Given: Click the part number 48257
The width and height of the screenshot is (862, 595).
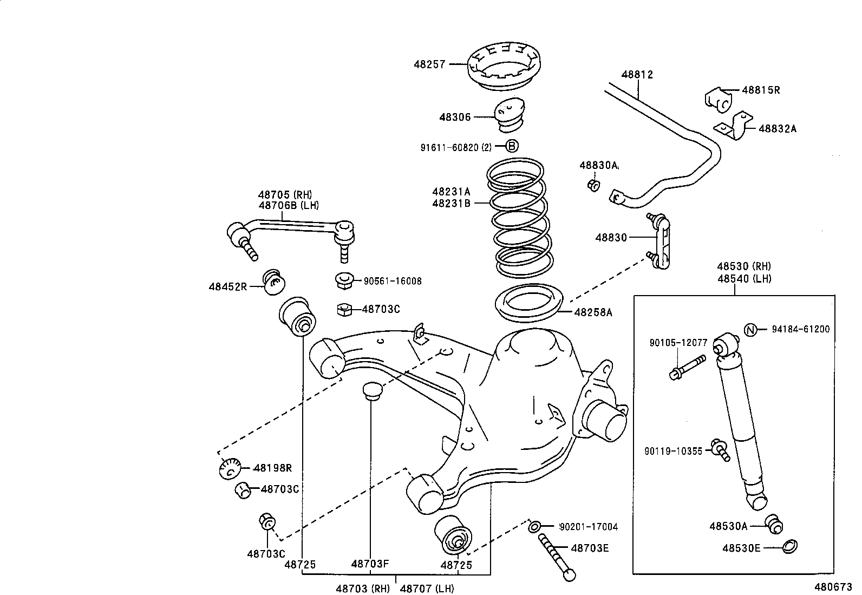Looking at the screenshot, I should pos(429,64).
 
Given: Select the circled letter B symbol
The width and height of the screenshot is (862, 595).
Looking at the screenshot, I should pos(512,146).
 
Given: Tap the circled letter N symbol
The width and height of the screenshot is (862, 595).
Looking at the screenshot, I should pos(750,329).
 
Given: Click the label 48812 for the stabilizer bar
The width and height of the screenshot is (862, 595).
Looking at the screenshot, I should pos(637,75).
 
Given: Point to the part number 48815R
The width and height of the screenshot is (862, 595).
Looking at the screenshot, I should pos(761,90).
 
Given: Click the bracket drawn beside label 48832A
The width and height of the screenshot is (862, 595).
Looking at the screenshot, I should pos(733,126).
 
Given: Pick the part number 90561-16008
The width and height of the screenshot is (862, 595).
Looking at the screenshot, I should pos(393,282).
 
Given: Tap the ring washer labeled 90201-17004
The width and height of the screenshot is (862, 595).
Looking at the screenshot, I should pos(535,526).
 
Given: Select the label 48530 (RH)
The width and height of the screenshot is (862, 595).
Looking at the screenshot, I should pos(744,266).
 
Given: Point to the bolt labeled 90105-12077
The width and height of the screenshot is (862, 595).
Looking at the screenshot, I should pos(687,367).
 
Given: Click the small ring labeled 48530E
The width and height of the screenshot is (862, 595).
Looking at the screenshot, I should pos(790,547).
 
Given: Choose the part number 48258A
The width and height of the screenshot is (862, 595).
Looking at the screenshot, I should pos(593,312).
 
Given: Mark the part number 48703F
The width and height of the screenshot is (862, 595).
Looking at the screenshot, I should pos(370,564).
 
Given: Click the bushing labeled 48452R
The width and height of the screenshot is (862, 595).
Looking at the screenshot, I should pos(274,282).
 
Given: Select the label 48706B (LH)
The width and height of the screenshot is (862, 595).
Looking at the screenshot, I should pos(289,205).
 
